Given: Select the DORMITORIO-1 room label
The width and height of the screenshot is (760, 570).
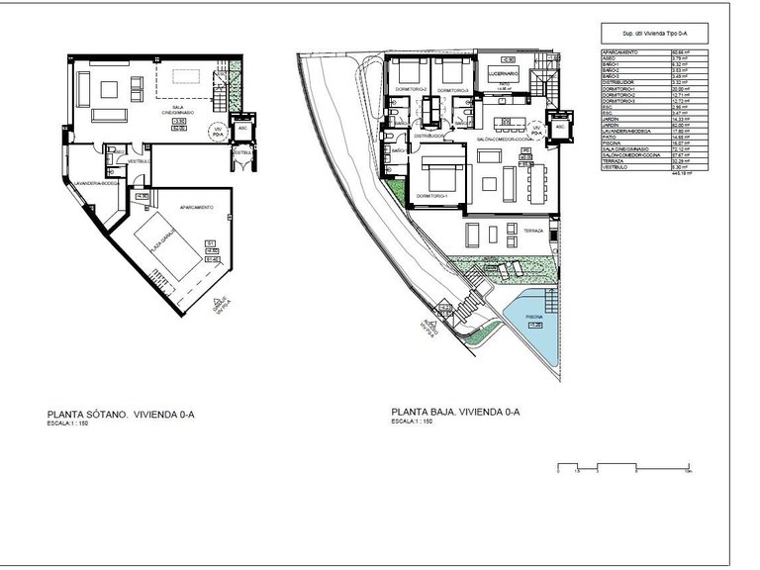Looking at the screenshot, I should [x=432, y=195].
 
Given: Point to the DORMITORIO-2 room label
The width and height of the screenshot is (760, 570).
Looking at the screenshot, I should [x=410, y=89].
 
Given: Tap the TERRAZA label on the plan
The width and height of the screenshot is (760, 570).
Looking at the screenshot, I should [x=532, y=231].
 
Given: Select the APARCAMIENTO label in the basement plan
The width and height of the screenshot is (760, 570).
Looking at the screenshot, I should [x=197, y=207].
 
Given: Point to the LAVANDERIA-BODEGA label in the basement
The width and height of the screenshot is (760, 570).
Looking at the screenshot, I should [x=97, y=183].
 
